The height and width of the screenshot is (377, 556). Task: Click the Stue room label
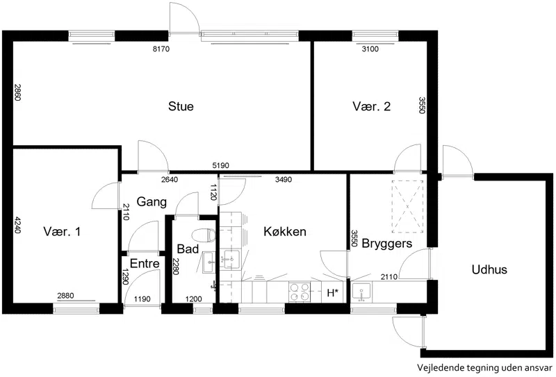pos(181,106)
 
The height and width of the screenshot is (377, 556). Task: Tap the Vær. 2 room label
pos(371,106)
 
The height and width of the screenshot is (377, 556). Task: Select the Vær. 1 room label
pos(62,232)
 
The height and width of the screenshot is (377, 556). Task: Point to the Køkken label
pos(285,231)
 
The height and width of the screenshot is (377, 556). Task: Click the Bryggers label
pos(387,244)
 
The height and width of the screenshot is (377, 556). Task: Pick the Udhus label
pos(489,269)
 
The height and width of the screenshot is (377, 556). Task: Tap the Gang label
pos(152,202)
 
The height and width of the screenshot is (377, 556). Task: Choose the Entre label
pos(145,263)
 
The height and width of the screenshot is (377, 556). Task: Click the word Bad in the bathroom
pos(188,249)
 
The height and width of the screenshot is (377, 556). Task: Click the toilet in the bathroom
pos(204,235)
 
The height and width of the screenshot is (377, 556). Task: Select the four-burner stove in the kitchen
pos(300,292)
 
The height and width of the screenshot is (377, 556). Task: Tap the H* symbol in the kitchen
pos(332,293)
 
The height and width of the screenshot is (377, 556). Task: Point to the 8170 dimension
pos(161,49)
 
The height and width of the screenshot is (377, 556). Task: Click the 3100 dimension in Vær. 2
pos(370,49)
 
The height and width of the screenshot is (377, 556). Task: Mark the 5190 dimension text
pos(220,165)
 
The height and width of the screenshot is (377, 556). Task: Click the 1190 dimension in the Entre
pos(142,299)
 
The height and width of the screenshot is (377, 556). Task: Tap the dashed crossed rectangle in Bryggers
pos(407,207)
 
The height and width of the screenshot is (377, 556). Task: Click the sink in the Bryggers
pos(361,293)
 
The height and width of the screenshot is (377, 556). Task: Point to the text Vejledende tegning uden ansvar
pos(484,368)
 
